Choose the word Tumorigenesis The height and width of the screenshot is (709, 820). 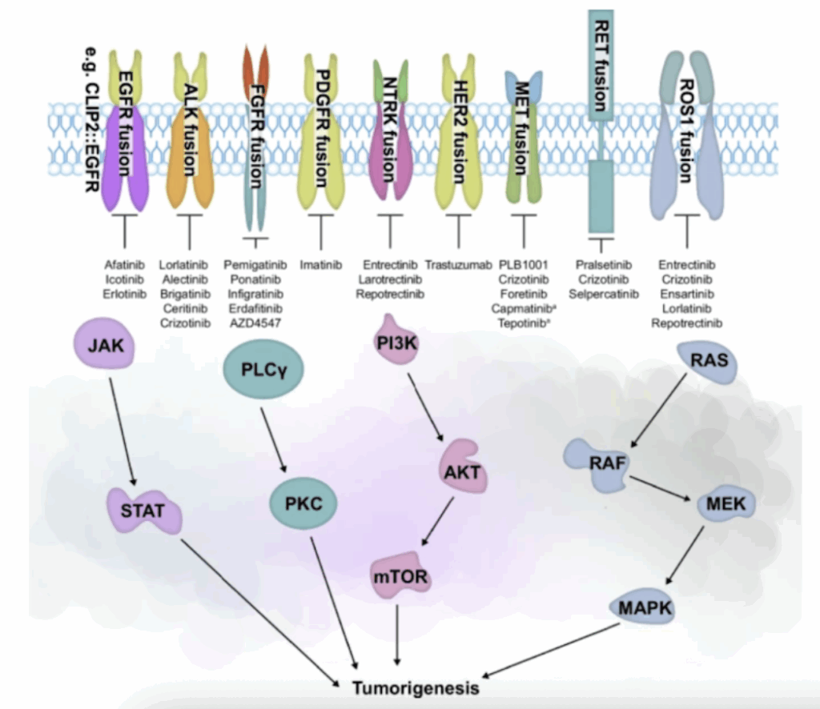(x=417, y=688)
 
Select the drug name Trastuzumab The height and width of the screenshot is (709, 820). (x=458, y=264)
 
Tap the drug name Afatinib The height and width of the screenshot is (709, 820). (x=125, y=264)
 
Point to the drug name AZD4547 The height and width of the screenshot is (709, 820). (x=251, y=323)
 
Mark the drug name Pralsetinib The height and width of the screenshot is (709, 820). (x=604, y=264)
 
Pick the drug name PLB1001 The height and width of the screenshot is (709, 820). (x=524, y=264)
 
